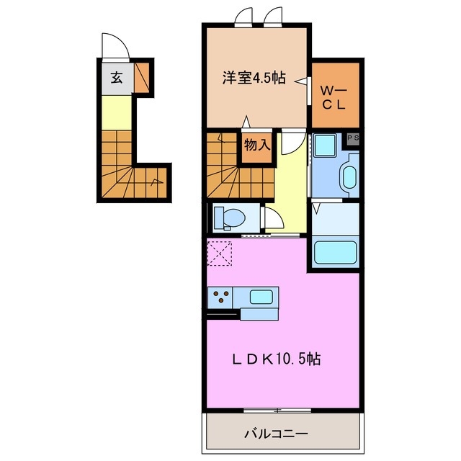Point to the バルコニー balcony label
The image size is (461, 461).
276,434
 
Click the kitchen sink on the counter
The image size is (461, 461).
260,296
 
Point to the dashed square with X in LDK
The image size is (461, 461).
220,253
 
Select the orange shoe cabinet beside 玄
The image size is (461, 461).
142,75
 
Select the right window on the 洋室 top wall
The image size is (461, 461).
274,16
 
